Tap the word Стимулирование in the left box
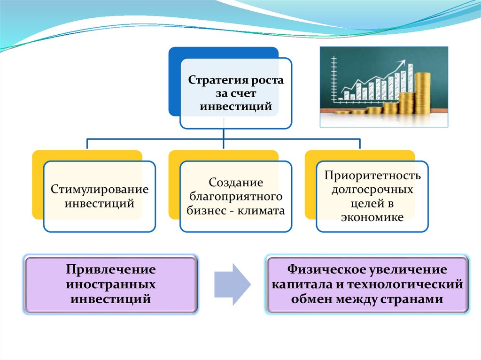point(100,190)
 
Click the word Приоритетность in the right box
point(372,176)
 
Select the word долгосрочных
point(372,190)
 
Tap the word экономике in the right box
point(372,217)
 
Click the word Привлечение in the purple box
point(111,271)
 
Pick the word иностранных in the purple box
point(111,284)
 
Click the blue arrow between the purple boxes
point(232,284)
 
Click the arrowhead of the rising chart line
point(403,63)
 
